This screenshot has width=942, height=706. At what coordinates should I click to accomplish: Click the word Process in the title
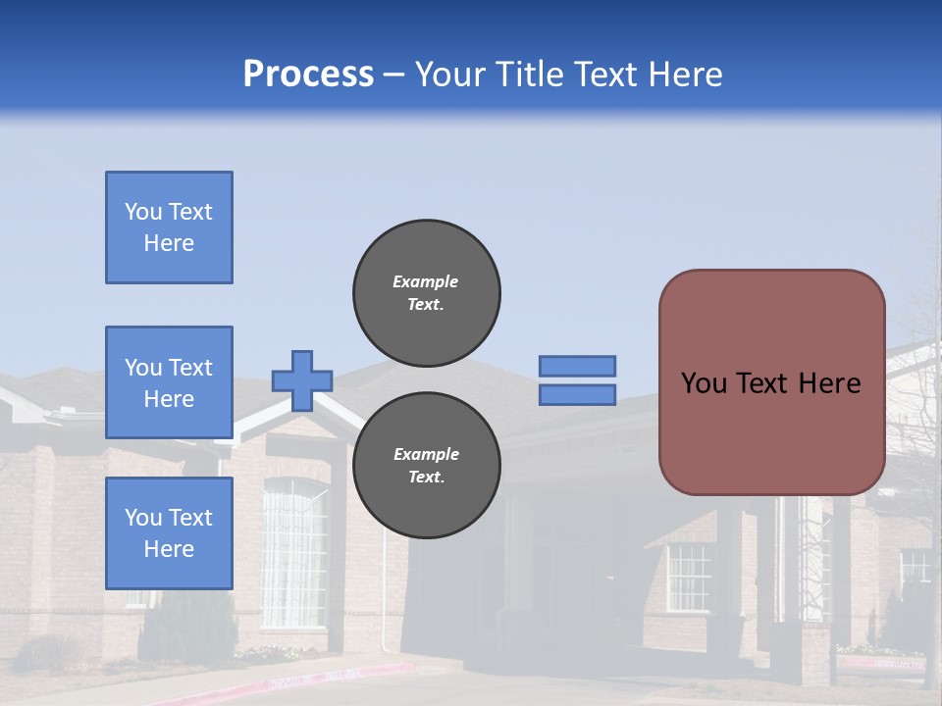(x=308, y=75)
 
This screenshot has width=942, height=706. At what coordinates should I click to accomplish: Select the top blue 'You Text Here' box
(x=169, y=227)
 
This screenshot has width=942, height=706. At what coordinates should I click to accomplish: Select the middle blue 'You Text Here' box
(x=169, y=382)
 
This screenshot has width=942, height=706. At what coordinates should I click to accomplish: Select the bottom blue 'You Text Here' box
(x=169, y=532)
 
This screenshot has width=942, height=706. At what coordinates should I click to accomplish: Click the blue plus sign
(x=302, y=380)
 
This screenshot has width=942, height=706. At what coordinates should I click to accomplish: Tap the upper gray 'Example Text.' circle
(x=427, y=293)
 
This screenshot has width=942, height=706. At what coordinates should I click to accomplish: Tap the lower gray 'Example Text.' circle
(x=427, y=466)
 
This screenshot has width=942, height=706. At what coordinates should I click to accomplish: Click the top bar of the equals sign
(x=577, y=366)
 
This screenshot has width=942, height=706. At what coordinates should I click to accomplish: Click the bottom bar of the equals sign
(x=577, y=394)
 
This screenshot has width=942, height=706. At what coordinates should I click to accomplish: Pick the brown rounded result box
(x=771, y=431)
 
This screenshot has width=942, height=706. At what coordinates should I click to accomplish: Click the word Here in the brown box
(x=830, y=383)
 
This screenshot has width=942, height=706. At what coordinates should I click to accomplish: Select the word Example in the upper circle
(x=426, y=281)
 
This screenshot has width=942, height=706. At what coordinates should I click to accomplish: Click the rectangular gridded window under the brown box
(x=689, y=577)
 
